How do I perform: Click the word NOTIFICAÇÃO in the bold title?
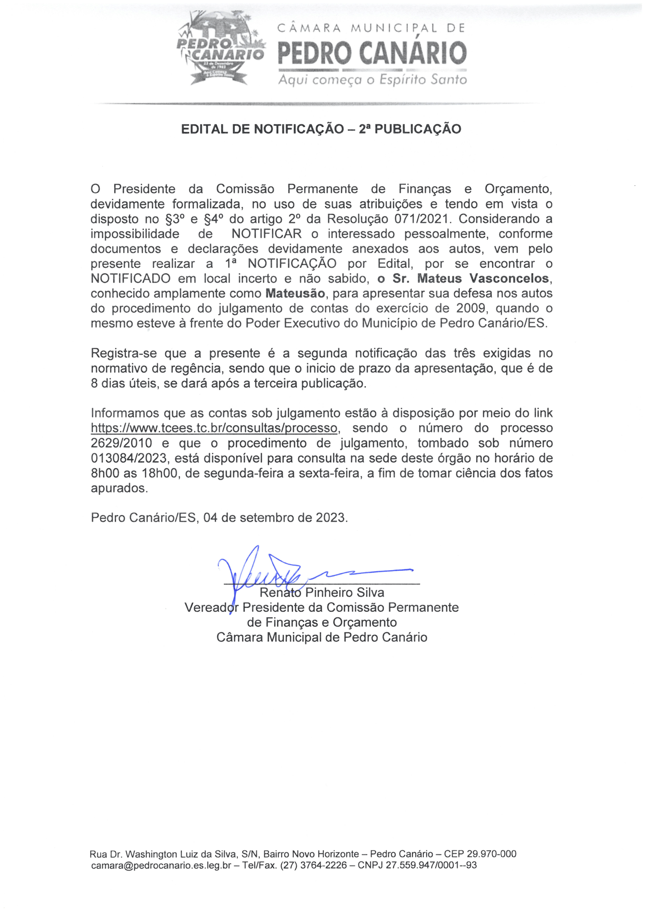point(299,129)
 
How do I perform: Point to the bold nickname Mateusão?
point(295,294)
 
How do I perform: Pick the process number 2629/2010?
point(122,443)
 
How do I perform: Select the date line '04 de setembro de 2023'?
point(275,517)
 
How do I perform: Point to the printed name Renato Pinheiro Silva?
point(322,593)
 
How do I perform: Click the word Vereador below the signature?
point(212,607)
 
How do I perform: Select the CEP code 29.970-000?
point(491,854)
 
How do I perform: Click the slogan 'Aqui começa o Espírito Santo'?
point(372,80)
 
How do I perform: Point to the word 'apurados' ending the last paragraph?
point(119,488)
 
